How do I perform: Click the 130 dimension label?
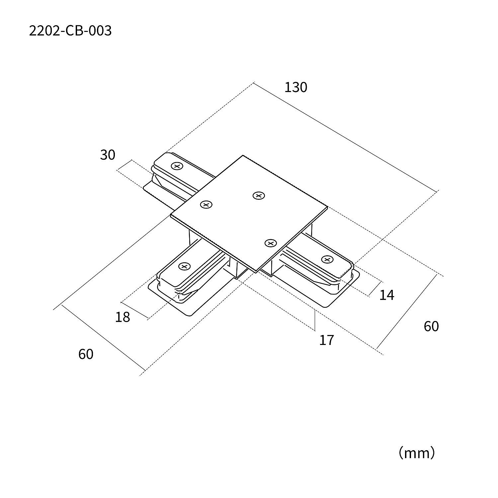[x=296, y=87]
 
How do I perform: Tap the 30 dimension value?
[x=108, y=155]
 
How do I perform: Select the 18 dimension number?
[x=122, y=317]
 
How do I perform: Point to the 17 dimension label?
[x=326, y=340]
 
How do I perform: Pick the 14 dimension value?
[x=386, y=295]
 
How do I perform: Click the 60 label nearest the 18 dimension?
[x=86, y=354]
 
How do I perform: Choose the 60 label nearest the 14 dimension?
[x=431, y=327]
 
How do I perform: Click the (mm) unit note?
[x=416, y=453]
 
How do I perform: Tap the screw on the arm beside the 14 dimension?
[x=327, y=259]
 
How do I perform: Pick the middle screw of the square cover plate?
[x=259, y=196]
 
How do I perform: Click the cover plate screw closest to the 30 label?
[x=206, y=205]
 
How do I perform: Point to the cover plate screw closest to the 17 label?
[x=271, y=243]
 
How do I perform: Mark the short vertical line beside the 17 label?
[x=314, y=320]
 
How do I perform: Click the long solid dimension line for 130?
[x=345, y=136]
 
